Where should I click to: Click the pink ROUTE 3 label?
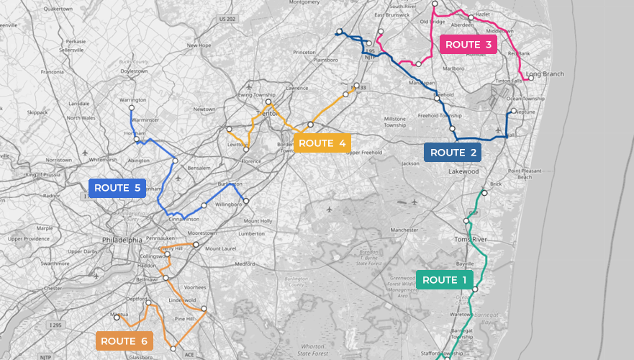468,45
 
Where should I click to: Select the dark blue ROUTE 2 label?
453,153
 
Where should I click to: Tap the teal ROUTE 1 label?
444,280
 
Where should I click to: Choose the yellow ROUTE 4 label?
322,143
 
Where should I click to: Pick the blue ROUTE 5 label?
117,188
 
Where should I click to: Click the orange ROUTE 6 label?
124,341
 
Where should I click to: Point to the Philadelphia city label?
122,240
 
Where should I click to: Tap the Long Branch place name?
545,74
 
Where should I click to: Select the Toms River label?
471,239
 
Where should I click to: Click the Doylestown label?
134,71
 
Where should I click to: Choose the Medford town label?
245,264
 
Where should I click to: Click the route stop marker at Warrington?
131,107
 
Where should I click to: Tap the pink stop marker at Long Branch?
531,78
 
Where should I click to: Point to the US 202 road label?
228,18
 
